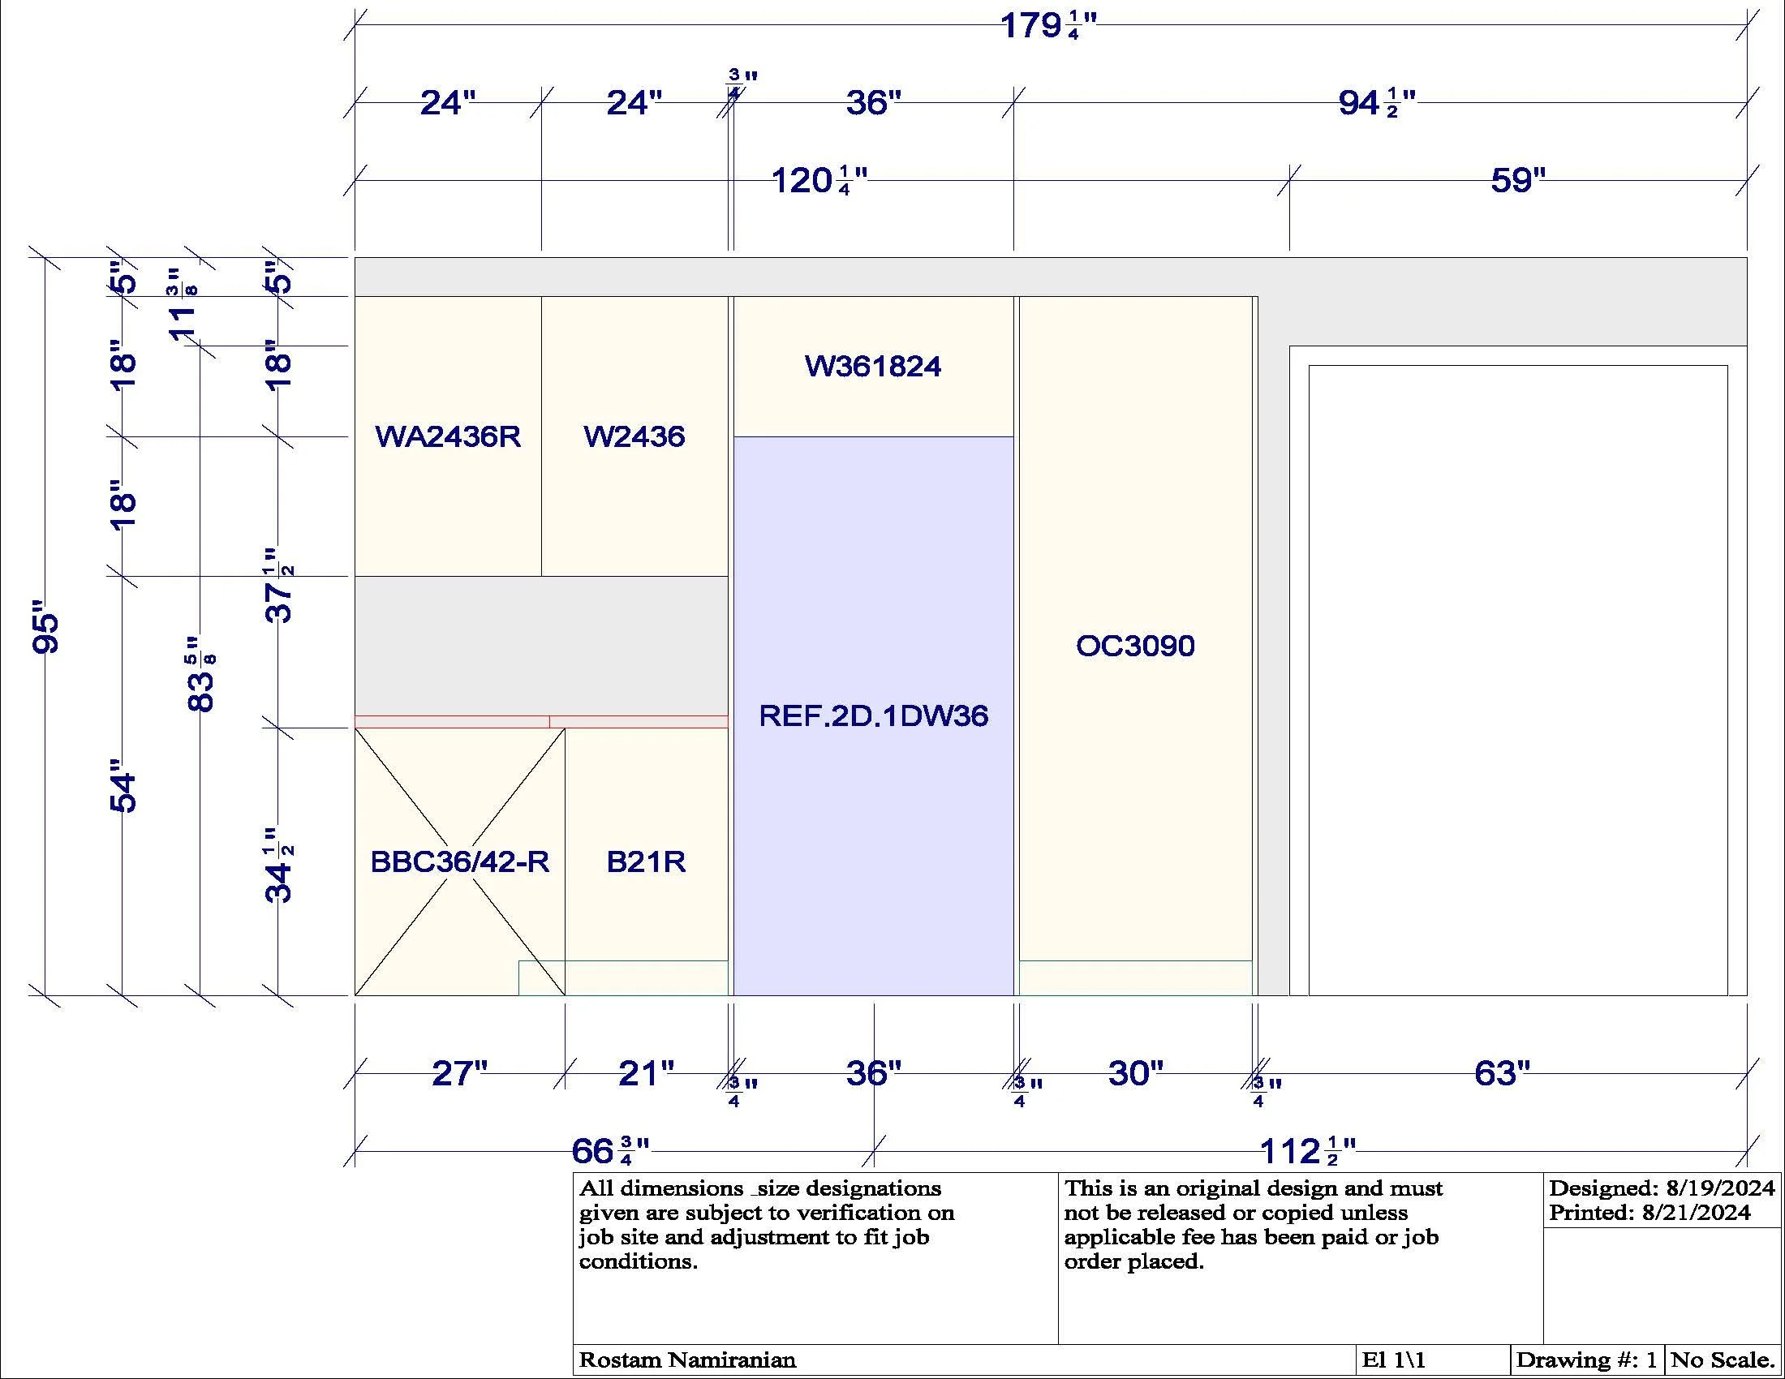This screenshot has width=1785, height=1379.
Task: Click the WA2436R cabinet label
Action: click(448, 437)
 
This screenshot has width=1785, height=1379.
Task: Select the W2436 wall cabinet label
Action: click(634, 437)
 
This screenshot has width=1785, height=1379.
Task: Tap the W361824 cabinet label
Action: click(873, 367)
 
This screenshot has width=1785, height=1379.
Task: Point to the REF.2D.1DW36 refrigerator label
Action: click(873, 716)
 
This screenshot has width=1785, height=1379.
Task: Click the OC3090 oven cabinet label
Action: click(1135, 647)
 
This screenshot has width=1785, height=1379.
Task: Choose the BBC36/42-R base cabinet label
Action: click(459, 861)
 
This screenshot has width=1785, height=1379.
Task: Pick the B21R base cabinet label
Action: click(646, 861)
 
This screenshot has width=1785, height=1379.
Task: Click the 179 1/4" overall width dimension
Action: click(1048, 26)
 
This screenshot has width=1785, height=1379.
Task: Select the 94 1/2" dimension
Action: click(1377, 104)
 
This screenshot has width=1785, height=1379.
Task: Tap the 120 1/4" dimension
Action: click(819, 181)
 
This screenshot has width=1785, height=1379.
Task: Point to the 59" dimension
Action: click(1519, 181)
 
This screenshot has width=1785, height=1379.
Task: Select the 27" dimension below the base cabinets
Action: click(459, 1073)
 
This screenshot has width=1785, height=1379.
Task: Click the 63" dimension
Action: click(1502, 1073)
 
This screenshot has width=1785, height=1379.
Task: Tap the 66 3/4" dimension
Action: click(610, 1151)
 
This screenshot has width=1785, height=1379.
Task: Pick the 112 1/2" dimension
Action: click(1308, 1151)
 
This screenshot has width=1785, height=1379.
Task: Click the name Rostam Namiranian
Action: click(687, 1360)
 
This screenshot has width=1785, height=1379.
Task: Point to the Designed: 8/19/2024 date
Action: click(1662, 1188)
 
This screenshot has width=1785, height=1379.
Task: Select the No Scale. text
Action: click(1721, 1360)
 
